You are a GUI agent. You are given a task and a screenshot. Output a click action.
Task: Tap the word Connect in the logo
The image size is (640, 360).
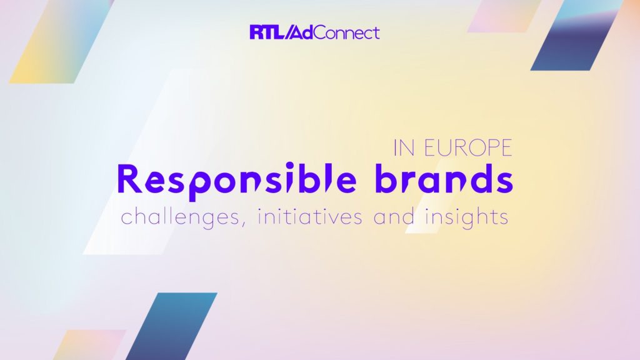click(x=347, y=32)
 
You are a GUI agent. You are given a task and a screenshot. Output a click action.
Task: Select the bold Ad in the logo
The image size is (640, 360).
click(x=304, y=32)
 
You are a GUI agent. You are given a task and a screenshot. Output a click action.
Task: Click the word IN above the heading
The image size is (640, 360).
click(x=404, y=148)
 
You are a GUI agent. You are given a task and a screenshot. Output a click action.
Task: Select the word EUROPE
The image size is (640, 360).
click(x=468, y=148)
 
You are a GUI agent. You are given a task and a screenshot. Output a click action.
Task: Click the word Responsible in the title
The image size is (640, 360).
click(x=236, y=179)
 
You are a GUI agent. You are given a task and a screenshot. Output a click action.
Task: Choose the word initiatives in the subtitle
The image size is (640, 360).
click(x=310, y=216)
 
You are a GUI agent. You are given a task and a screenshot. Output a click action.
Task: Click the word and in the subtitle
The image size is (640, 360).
click(x=394, y=216)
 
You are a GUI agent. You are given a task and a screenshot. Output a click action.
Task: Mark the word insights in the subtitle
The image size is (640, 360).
click(x=467, y=217)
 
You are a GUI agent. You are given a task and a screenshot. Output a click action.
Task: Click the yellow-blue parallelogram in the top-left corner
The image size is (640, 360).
click(x=61, y=42)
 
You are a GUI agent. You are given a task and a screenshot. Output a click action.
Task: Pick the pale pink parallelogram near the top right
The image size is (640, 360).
click(x=504, y=16)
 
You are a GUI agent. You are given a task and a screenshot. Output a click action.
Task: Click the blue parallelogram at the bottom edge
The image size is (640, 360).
click(x=171, y=326)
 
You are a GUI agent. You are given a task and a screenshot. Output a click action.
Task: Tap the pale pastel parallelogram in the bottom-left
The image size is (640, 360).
click(x=89, y=345)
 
